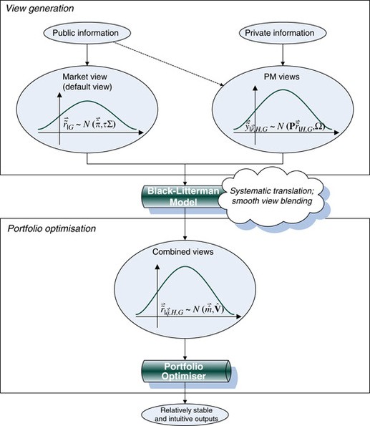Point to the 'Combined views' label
click(x=185, y=254)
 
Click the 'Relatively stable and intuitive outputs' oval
click(x=185, y=413)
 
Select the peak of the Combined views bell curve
click(x=185, y=268)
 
